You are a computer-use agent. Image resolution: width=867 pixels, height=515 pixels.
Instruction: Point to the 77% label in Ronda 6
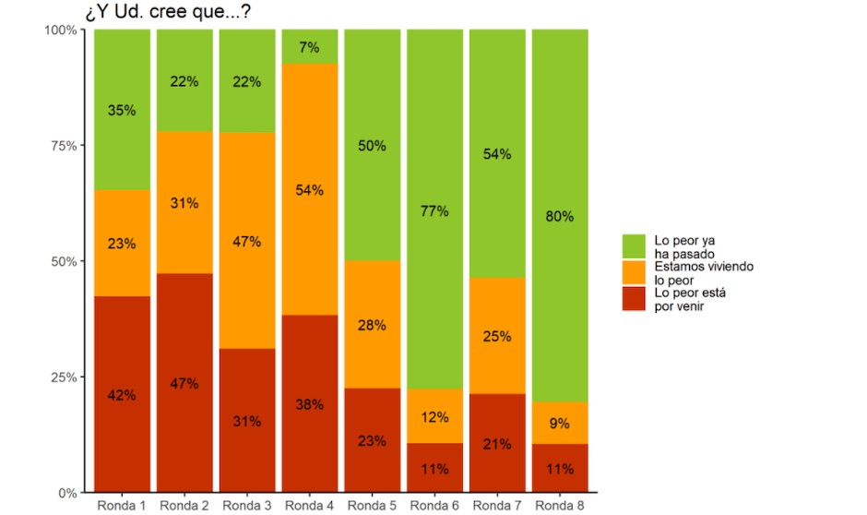point(434,211)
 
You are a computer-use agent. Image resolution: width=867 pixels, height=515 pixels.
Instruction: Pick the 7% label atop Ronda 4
point(309,46)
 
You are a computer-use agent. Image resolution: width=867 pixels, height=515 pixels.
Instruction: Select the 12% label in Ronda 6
point(434,417)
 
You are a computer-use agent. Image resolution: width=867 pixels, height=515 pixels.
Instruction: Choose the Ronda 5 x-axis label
point(372,506)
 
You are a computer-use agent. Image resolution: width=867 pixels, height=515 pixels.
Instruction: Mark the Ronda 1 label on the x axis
point(121,506)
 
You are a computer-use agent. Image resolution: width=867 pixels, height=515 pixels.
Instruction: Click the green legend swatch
point(634,246)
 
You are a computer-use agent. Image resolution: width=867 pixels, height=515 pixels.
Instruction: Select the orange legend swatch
point(634,271)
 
